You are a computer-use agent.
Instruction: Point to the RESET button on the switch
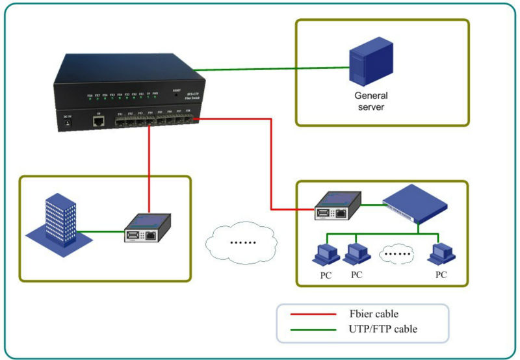coord(176,95)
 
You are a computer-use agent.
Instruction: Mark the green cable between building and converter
coord(101,232)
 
